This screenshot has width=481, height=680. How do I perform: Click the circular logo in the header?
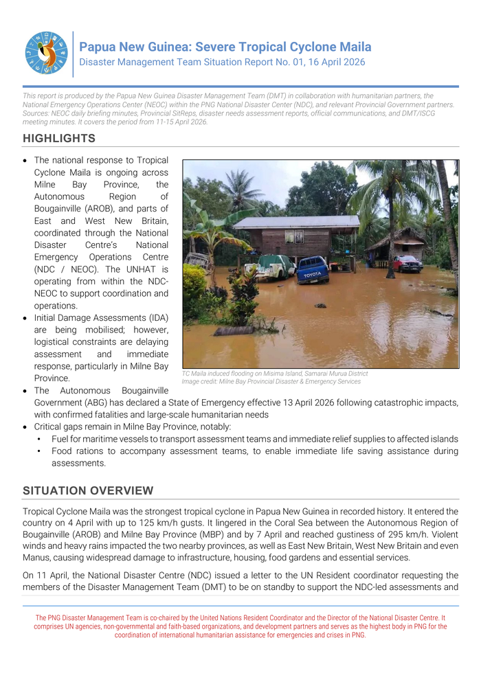[x=47, y=53]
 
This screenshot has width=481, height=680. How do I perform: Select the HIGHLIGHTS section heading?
[x=59, y=139]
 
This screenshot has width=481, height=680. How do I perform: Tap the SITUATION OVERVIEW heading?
[x=88, y=490]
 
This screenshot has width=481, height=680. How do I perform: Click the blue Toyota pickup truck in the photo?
[x=313, y=269]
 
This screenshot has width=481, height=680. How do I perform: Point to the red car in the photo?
[x=407, y=263]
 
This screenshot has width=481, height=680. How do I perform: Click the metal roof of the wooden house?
[x=296, y=222]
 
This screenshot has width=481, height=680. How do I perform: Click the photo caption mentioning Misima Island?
[x=275, y=374]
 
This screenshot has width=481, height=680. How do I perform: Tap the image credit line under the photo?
[x=271, y=381]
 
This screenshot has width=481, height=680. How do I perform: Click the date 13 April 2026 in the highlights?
[x=300, y=403]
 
